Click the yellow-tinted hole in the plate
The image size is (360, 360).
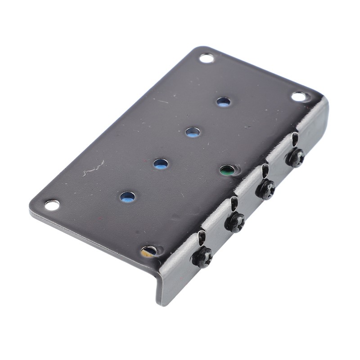[148, 251]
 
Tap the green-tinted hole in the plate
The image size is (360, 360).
[227, 170]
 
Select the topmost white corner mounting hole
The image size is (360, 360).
[207, 58]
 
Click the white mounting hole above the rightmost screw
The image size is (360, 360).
[299, 96]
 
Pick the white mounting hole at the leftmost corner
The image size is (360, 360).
[52, 205]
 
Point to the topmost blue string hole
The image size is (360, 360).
[223, 102]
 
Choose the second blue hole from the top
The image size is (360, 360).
[193, 132]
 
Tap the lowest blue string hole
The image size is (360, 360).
[127, 197]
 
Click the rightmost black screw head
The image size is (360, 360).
[296, 158]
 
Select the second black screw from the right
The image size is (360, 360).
[265, 189]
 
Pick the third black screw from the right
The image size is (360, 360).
[235, 222]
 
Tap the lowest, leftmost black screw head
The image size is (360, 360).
[202, 257]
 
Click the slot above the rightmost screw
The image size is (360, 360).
[295, 139]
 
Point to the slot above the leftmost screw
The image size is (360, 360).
[202, 237]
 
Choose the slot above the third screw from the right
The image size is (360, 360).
[234, 203]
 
